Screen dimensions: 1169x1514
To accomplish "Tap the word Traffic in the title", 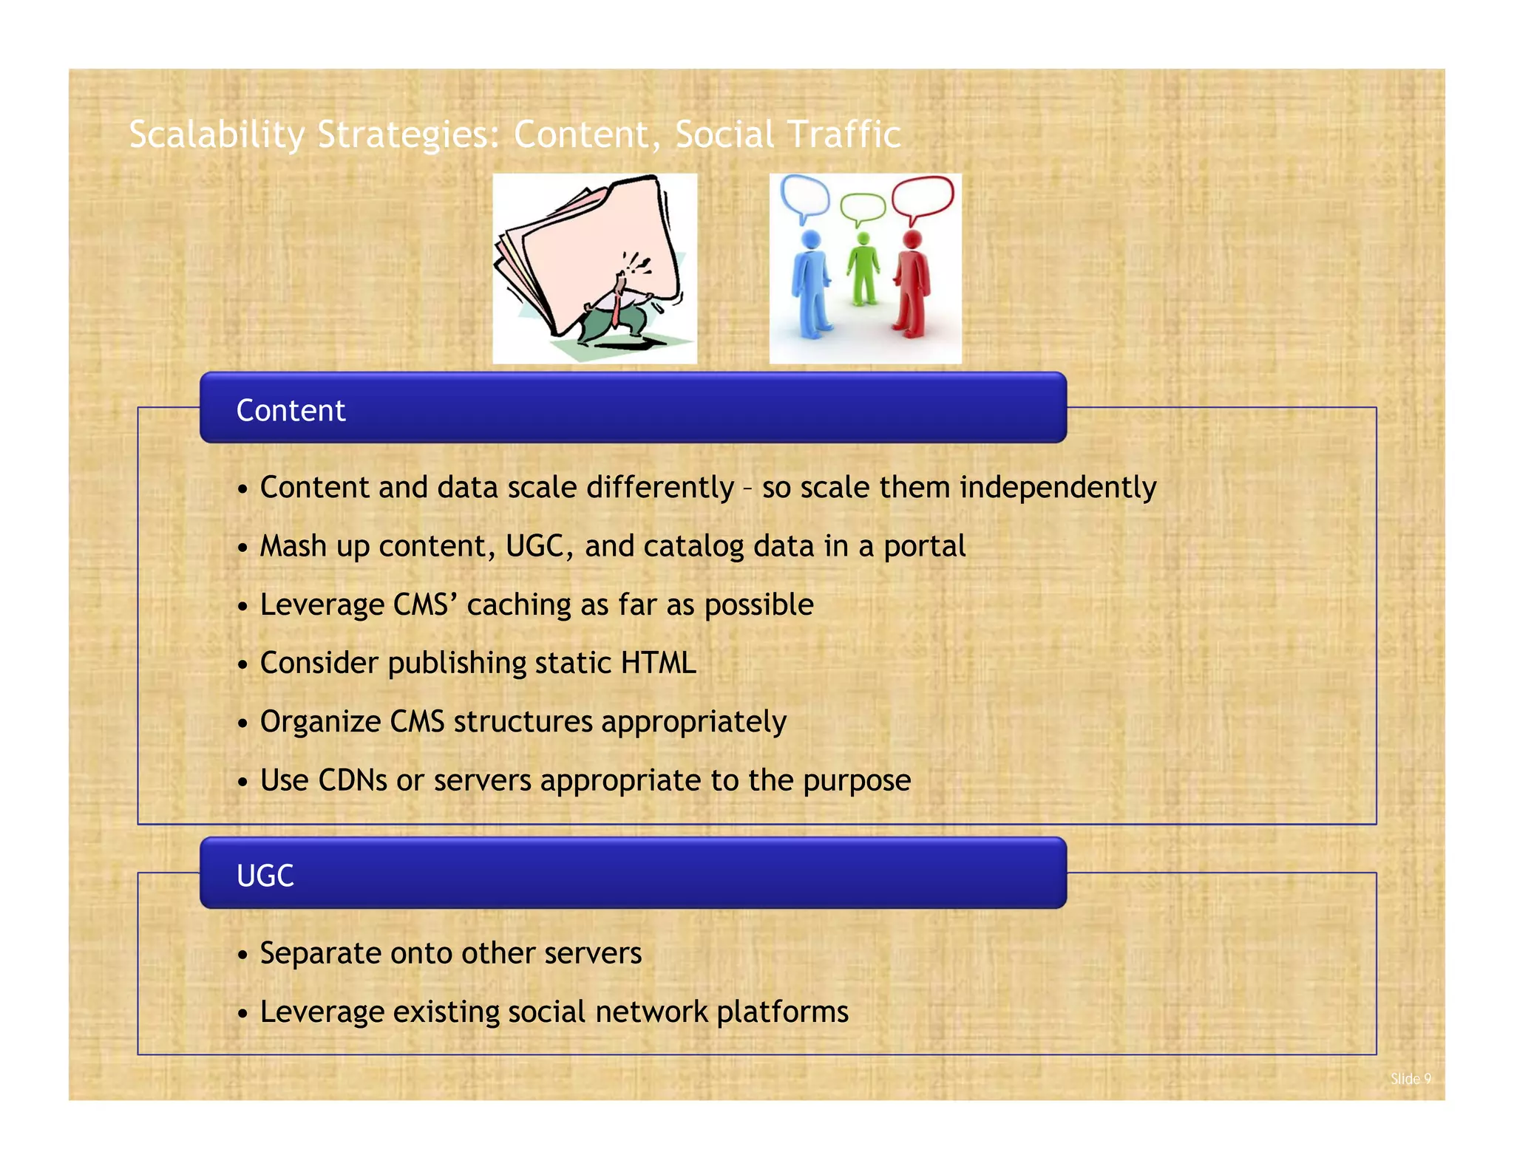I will (844, 134).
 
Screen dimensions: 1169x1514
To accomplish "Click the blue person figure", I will (810, 284).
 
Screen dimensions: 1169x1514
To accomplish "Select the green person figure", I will (863, 270).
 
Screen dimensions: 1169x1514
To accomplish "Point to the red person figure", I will (912, 284).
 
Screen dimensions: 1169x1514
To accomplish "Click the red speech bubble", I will (923, 197).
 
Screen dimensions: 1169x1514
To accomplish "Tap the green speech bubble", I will (862, 208).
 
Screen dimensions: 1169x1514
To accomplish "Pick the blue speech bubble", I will (805, 197).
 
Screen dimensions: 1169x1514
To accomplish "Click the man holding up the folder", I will (618, 310).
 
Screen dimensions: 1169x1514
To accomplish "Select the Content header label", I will (291, 411).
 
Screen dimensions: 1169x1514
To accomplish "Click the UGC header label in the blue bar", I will (265, 876).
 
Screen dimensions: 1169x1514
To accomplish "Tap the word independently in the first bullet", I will (1058, 488).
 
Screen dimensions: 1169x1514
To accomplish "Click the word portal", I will (925, 547).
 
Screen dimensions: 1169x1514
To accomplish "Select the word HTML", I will (658, 663).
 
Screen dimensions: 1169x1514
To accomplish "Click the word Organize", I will (320, 722).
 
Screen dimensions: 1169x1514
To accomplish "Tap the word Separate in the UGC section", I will (320, 954).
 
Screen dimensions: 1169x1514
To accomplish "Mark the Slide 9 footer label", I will (1411, 1079).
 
